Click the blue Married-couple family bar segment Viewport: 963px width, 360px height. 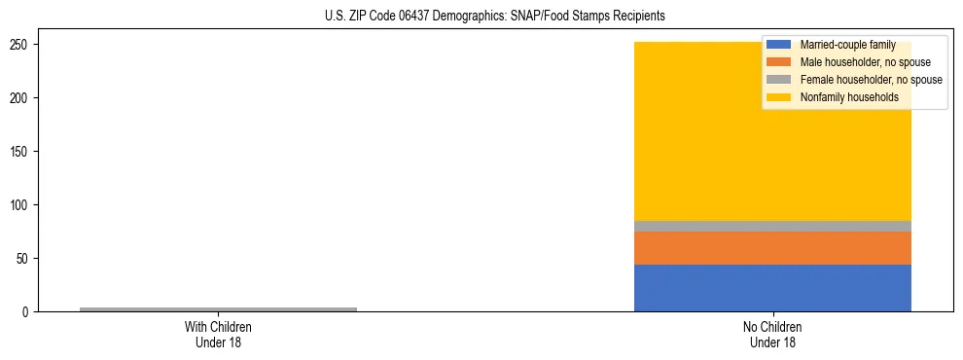(772, 288)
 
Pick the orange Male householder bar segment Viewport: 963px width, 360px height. (772, 248)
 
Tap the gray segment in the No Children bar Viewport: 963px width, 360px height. (772, 226)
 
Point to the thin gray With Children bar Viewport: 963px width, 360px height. (218, 309)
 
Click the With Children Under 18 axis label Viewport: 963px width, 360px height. (218, 335)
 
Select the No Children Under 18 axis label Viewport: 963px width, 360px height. (772, 335)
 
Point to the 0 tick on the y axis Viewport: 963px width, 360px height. (27, 312)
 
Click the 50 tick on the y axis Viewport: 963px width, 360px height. (24, 259)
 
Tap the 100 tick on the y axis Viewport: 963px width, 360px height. (21, 205)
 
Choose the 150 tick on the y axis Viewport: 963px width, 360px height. (21, 152)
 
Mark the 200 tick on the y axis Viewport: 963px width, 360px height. (21, 98)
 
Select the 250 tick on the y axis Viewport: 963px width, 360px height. (21, 45)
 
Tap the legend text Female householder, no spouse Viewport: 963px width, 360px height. (871, 80)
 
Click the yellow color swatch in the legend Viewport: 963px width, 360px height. (779, 97)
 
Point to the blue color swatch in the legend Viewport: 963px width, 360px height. (779, 46)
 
